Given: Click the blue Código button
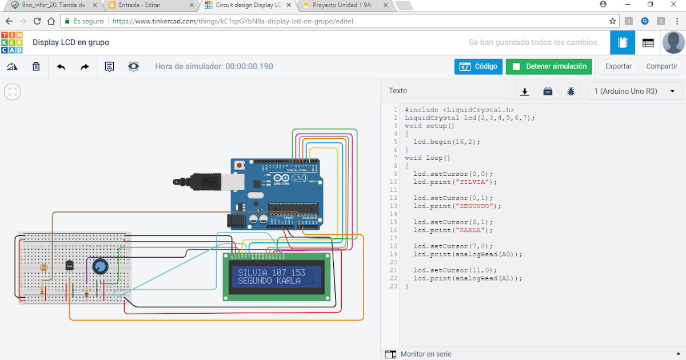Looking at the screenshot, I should pos(478,66).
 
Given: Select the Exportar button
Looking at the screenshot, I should pos(619,66).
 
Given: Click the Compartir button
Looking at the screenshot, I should pos(661,66).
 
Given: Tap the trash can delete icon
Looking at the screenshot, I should pos(36,67).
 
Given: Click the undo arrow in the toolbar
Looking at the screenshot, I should pos(61,67).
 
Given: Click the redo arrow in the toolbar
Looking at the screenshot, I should pos(85,67).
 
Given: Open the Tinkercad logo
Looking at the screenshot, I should pos(12,42).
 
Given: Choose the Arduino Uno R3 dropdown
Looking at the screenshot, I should pos(635,91).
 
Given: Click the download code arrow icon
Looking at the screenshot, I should pos(524,91).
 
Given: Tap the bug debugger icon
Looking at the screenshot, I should pos(571,91).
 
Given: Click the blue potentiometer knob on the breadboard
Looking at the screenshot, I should pos(99,266).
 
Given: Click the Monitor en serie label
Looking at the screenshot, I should pos(426,354).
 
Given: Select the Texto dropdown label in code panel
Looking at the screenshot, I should pos(398,91).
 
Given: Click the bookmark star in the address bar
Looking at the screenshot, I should pos(612,21).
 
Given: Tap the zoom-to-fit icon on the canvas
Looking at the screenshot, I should pos(13,91).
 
